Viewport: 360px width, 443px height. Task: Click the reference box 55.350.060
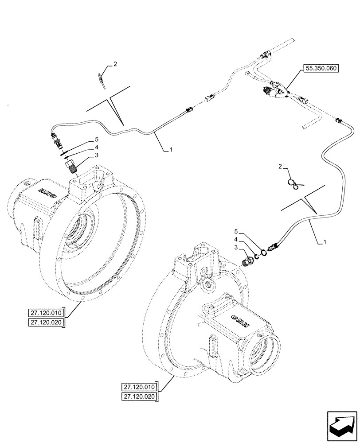tap(320, 68)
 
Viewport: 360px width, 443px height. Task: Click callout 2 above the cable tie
tap(115, 64)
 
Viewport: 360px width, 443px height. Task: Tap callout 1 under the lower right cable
tap(325, 242)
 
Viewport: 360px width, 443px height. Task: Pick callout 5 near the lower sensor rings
tap(236, 231)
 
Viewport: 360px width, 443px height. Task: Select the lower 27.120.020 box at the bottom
tap(138, 397)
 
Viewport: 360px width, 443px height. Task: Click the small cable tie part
tap(101, 78)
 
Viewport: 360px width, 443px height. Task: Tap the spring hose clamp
tap(293, 183)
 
